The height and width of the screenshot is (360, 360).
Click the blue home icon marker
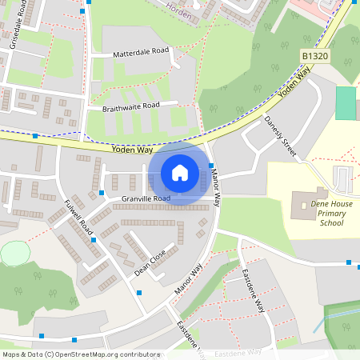180,173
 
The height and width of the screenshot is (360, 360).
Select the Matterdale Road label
142,50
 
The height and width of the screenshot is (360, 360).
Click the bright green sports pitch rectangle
345,103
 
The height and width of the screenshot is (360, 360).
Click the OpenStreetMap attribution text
70,354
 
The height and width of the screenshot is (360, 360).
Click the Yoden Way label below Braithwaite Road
133,150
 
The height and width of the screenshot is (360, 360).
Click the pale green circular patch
14,254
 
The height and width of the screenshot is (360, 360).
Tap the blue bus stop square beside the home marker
211,166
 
